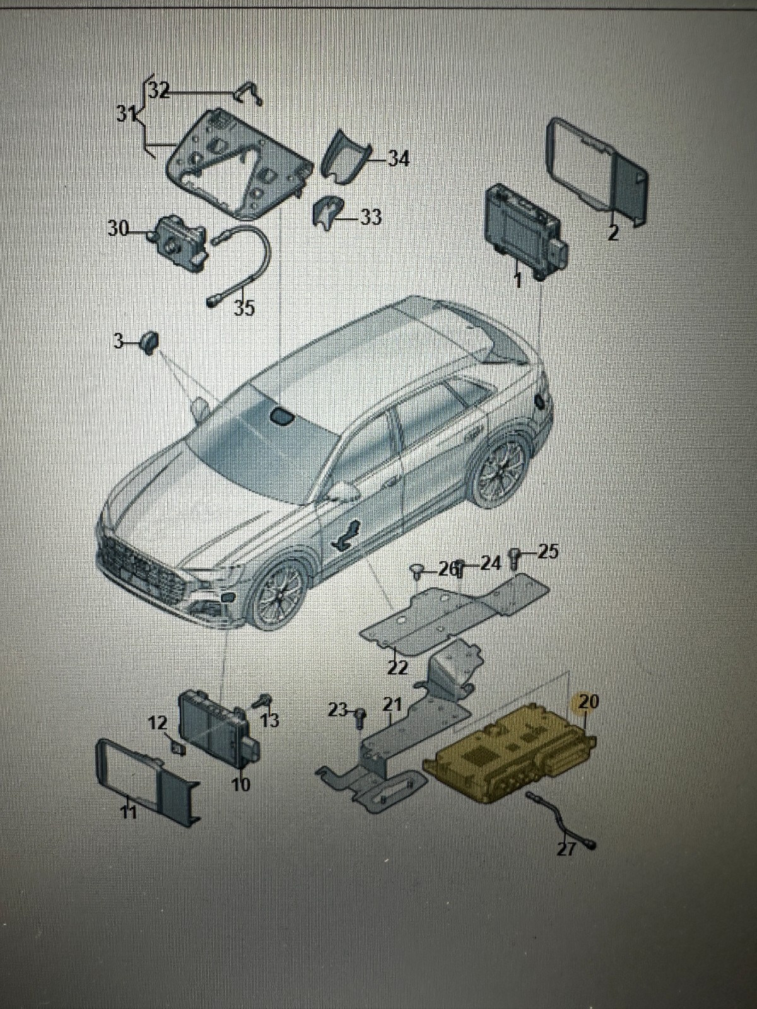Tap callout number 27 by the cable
(566, 849)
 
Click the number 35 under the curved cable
(244, 308)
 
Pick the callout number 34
(397, 158)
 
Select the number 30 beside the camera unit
(118, 228)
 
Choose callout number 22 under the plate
(397, 667)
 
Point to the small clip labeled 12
(179, 749)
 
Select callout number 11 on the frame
(129, 812)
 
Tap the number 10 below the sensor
(240, 784)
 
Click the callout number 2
(612, 233)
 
